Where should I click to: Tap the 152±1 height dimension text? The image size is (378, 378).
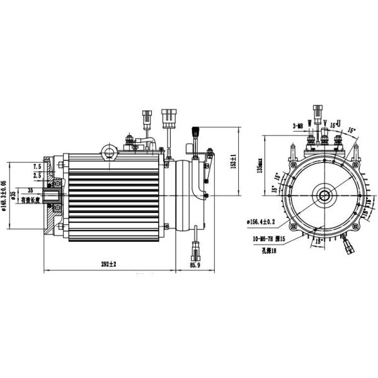(x=232, y=161)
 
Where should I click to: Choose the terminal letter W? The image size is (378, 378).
(x=309, y=122)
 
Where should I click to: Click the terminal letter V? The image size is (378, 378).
(x=324, y=122)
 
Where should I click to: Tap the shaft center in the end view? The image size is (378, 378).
(x=324, y=194)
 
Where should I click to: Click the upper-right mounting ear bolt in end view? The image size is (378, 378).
(x=358, y=151)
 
